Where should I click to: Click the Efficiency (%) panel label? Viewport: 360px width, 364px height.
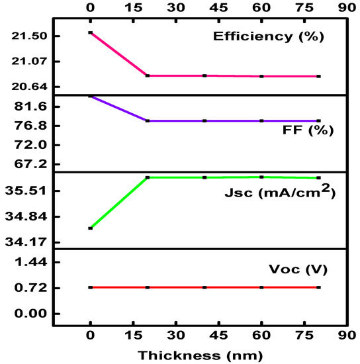[268, 36]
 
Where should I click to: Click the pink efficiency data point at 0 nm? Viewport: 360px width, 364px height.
[90, 32]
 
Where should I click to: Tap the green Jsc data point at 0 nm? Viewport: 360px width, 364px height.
[90, 228]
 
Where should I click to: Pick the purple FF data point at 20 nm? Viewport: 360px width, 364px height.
[147, 121]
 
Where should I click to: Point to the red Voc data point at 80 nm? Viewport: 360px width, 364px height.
[319, 287]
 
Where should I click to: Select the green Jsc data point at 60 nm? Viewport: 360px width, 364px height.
[262, 177]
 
